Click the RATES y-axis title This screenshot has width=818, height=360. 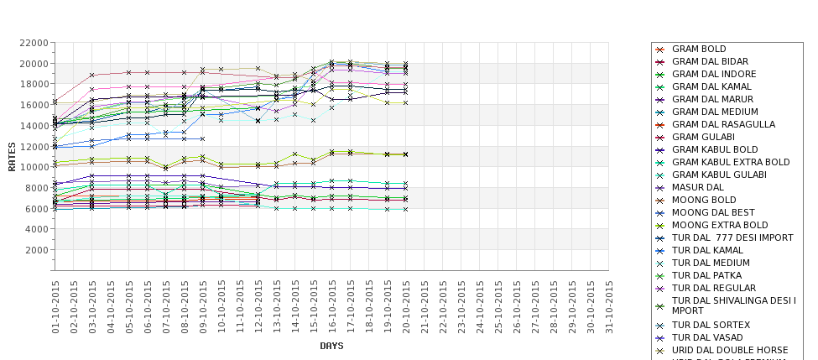(x=12, y=156)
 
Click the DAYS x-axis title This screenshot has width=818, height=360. (x=331, y=346)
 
